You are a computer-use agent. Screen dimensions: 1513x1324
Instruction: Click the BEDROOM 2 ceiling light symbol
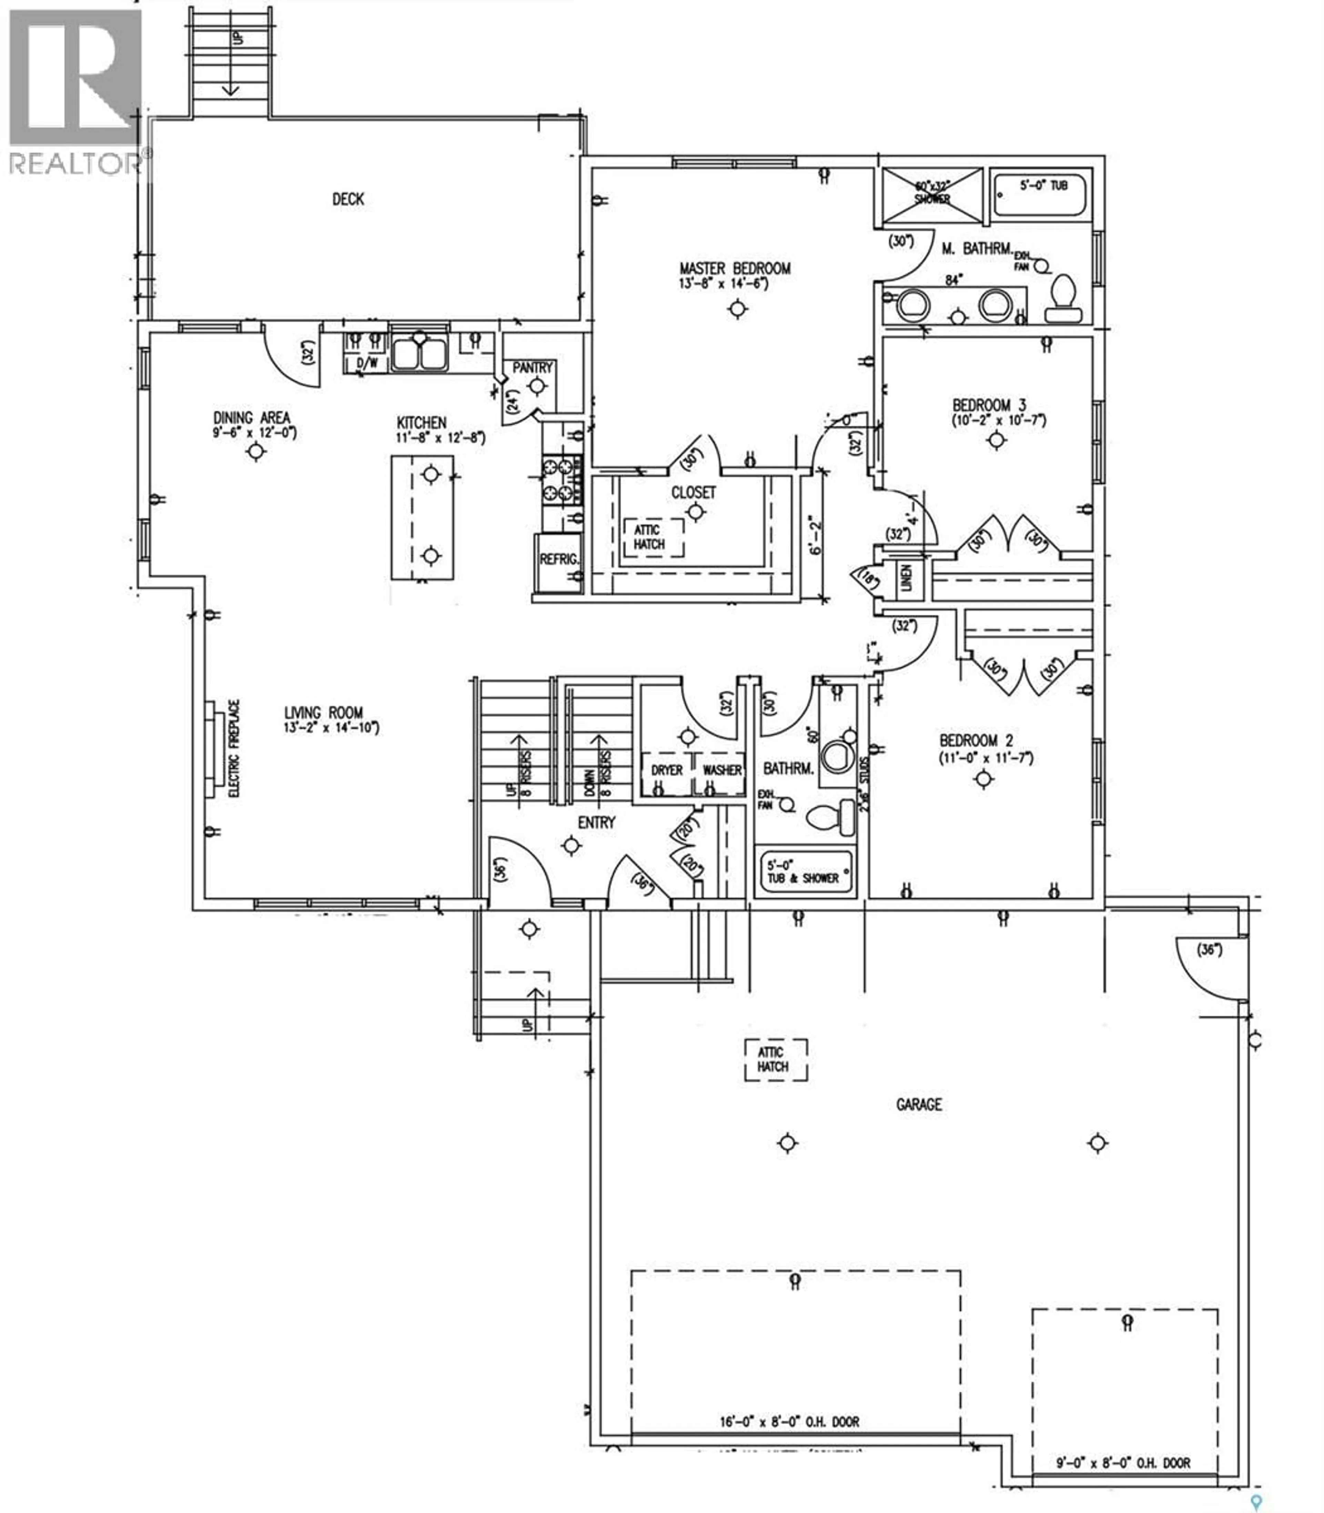click(x=983, y=779)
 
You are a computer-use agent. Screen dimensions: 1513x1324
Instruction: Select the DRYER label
click(x=666, y=770)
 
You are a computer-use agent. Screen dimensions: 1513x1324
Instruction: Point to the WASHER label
click(x=721, y=770)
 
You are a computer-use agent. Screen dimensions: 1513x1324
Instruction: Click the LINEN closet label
click(x=906, y=577)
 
